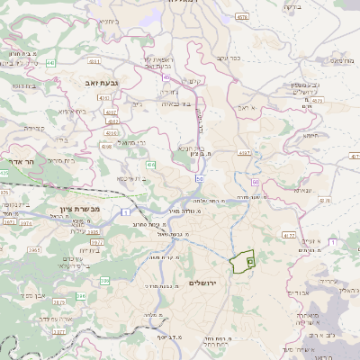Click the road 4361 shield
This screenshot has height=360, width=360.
click(x=105, y=97)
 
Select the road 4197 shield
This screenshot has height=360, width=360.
click(x=244, y=153)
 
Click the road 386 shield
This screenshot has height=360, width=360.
click(x=105, y=281)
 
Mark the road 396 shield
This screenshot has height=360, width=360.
click(x=80, y=295)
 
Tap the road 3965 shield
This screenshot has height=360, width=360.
click(x=34, y=247)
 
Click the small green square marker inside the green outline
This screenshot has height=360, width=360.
click(x=250, y=261)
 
